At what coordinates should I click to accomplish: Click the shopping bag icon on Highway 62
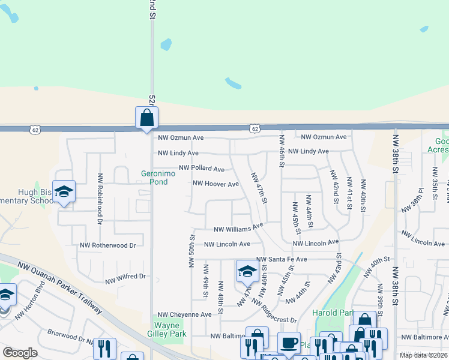click(x=147, y=118)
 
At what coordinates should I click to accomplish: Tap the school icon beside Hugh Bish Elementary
click(x=64, y=191)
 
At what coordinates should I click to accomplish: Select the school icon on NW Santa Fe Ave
click(x=247, y=271)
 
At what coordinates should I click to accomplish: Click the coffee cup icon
click(x=289, y=343)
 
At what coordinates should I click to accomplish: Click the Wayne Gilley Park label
click(x=170, y=329)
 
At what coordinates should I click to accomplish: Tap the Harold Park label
click(x=332, y=313)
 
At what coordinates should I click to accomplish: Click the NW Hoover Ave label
click(x=215, y=184)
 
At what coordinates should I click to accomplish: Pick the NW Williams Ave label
click(x=238, y=228)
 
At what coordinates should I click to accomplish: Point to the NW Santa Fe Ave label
click(x=282, y=259)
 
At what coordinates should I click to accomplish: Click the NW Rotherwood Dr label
click(x=108, y=245)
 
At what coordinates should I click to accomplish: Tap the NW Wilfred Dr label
click(x=125, y=278)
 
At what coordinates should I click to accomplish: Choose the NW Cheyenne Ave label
click(x=184, y=314)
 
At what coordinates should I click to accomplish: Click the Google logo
click(x=20, y=353)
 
